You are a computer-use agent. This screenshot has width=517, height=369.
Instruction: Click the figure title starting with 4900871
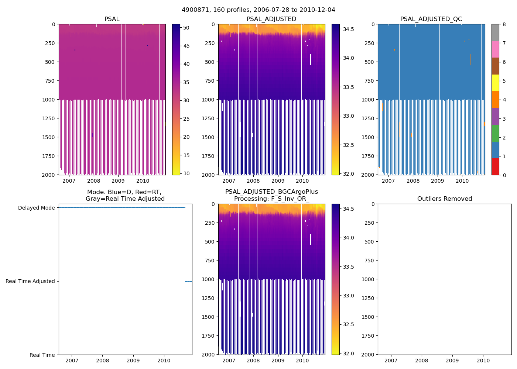[258, 10]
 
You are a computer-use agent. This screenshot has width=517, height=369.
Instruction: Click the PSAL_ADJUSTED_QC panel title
[431, 19]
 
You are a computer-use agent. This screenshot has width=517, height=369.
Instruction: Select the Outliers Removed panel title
[445, 199]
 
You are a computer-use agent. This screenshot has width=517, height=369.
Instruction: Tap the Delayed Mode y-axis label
[36, 208]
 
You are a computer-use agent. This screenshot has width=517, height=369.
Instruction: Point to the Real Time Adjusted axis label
[30, 282]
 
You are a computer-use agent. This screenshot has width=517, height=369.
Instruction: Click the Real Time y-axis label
[42, 355]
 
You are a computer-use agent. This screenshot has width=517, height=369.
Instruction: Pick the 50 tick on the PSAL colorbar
[186, 28]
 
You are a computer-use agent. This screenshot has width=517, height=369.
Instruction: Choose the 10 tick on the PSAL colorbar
[186, 173]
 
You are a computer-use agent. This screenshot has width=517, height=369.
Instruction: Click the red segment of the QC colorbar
[495, 167]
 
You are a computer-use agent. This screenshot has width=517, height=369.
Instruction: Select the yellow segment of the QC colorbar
[495, 83]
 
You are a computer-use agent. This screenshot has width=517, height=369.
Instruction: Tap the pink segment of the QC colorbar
[495, 49]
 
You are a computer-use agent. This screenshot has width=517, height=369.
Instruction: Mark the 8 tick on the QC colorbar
[504, 24]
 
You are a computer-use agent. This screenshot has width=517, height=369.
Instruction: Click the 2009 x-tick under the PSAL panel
[118, 181]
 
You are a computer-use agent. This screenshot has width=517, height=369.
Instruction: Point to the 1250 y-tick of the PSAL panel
[48, 118]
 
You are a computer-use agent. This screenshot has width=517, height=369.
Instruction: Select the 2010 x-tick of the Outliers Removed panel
[483, 361]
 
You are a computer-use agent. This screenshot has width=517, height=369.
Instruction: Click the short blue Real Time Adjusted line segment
[188, 282]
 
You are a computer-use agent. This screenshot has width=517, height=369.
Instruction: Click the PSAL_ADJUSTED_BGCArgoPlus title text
[271, 192]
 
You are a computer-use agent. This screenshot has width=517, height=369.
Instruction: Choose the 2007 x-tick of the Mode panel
[72, 361]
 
